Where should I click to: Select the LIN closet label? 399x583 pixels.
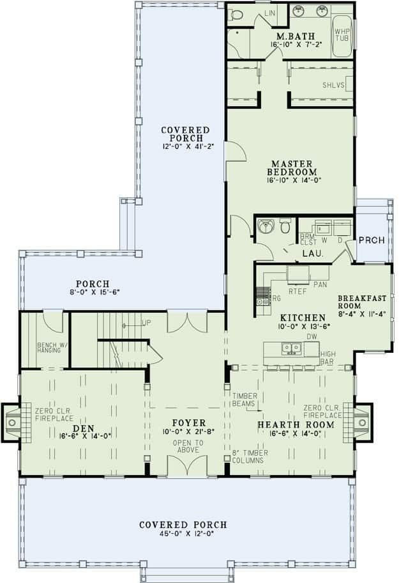[252, 12]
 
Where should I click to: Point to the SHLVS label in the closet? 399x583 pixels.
[331, 84]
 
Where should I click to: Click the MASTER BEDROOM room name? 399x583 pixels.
[290, 167]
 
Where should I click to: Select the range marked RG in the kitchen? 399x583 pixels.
[263, 295]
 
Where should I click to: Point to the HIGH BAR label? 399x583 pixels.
[328, 357]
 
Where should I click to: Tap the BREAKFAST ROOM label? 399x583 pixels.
[361, 302]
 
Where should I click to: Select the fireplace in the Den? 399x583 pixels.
[13, 422]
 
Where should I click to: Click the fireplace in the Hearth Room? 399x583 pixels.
[362, 422]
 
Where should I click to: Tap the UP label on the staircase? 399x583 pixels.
[146, 323]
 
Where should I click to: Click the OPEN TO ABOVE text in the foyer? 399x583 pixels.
[188, 446]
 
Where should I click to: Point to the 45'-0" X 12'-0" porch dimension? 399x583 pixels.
[183, 535]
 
